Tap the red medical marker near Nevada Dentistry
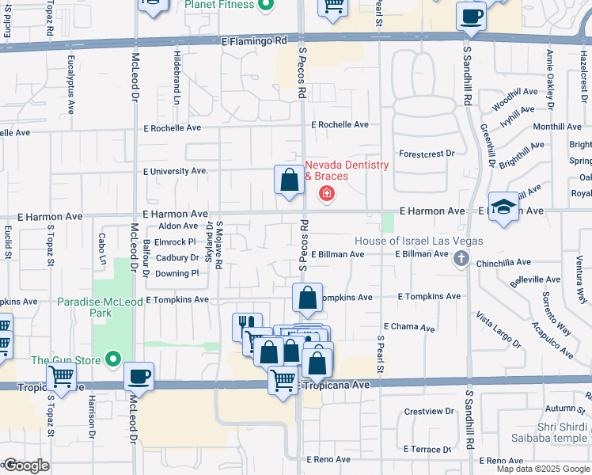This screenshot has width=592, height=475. [325, 193]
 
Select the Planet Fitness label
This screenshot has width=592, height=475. [219, 5]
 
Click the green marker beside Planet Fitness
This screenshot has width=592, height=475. [266, 6]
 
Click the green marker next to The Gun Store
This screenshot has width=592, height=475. [112, 361]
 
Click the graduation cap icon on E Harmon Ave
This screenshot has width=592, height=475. [503, 207]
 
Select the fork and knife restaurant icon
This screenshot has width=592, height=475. [247, 325]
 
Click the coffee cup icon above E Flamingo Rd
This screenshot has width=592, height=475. [472, 17]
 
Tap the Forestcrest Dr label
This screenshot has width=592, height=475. [427, 154]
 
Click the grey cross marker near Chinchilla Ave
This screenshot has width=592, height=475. [461, 258]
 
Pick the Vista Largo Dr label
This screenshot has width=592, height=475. [498, 330]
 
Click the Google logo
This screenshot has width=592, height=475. [26, 465]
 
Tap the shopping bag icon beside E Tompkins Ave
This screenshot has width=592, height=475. [307, 298]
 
